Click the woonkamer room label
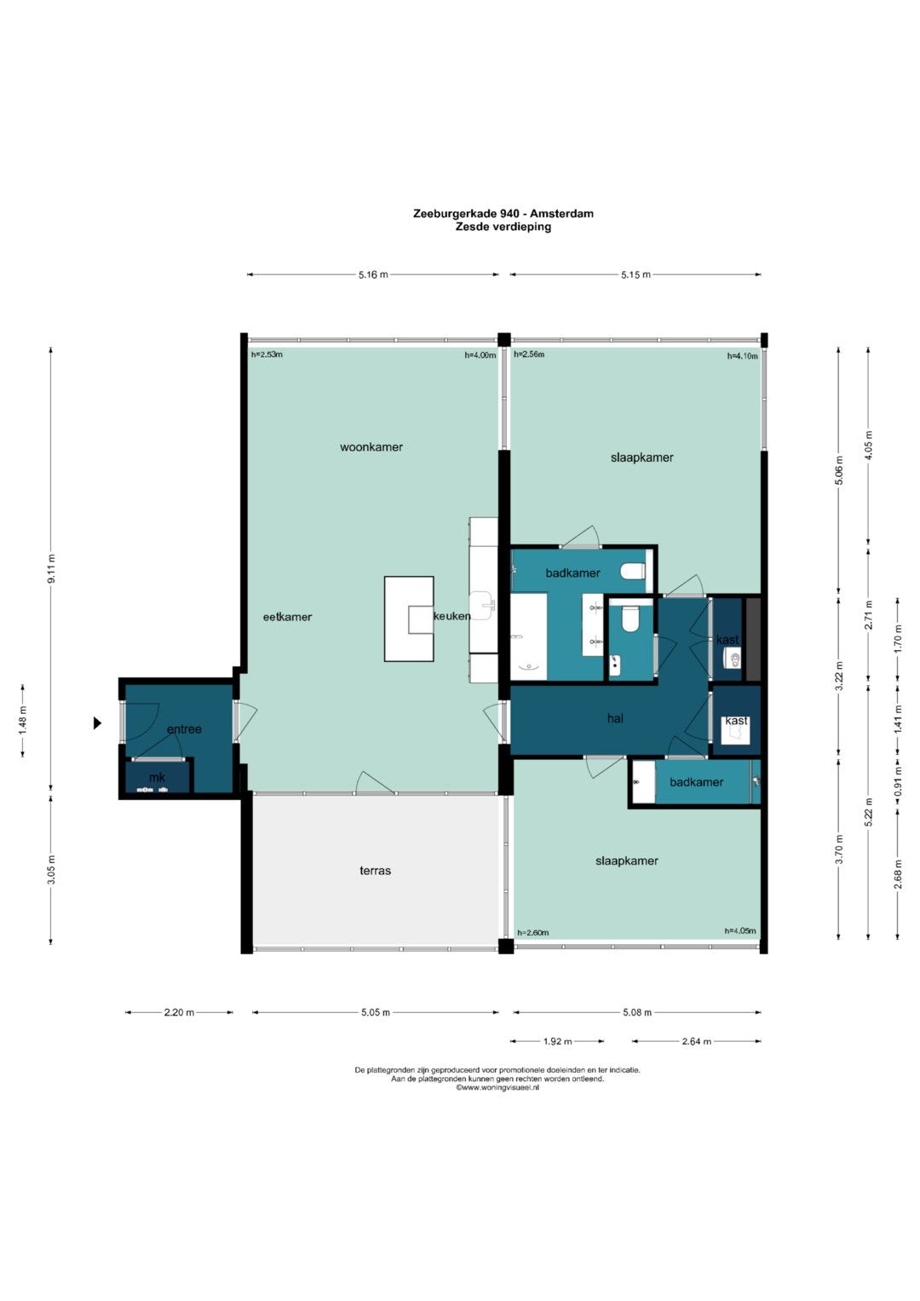coord(371,447)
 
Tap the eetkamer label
coord(288,618)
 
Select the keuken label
coord(451,616)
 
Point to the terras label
coord(375,871)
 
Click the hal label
coord(615,718)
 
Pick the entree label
coord(184,729)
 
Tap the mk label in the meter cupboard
coord(157,777)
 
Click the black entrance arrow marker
coord(98,723)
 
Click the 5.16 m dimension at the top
coord(373,274)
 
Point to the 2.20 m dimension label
coord(179,1012)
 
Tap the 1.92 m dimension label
coord(558,1041)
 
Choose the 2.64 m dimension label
coord(697,1041)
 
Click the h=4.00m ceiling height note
coord(480,355)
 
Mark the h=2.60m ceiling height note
coord(533,933)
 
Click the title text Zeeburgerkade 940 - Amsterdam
coord(503,214)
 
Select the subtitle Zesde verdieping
coord(503,227)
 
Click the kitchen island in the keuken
coord(409,619)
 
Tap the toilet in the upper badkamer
coord(632,572)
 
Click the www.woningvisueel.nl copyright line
coord(497,1088)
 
